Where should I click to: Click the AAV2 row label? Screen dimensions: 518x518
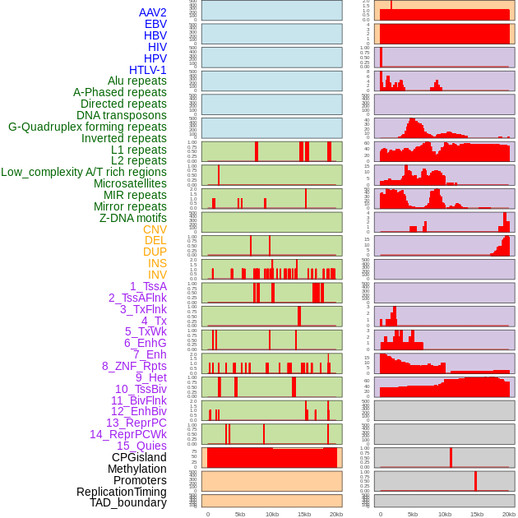coord(152,13)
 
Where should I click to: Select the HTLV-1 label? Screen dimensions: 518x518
coord(147,70)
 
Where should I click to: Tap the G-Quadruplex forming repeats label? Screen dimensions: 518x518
coord(87,127)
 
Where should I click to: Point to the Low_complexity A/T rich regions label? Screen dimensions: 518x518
coord(84,172)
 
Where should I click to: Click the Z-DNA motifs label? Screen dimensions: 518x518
coord(132,218)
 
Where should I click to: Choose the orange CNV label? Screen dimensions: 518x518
coord(155,229)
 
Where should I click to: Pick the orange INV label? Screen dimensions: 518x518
coord(157,275)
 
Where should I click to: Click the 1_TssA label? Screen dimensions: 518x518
coord(148,286)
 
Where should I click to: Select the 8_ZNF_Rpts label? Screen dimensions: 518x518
coord(134,366)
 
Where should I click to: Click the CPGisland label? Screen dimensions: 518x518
coord(139,457)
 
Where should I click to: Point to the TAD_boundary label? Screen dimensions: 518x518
coord(127,502)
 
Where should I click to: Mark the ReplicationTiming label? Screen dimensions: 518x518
coord(121,492)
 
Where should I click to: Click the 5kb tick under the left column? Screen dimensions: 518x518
coord(240,514)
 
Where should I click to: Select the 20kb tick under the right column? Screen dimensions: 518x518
coord(509,514)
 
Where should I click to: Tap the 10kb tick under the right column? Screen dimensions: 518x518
coord(445,514)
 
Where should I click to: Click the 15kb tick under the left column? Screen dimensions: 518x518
coord(304,514)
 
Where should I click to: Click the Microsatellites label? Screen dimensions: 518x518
coord(130,183)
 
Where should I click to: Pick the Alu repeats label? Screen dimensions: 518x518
coord(137,81)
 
